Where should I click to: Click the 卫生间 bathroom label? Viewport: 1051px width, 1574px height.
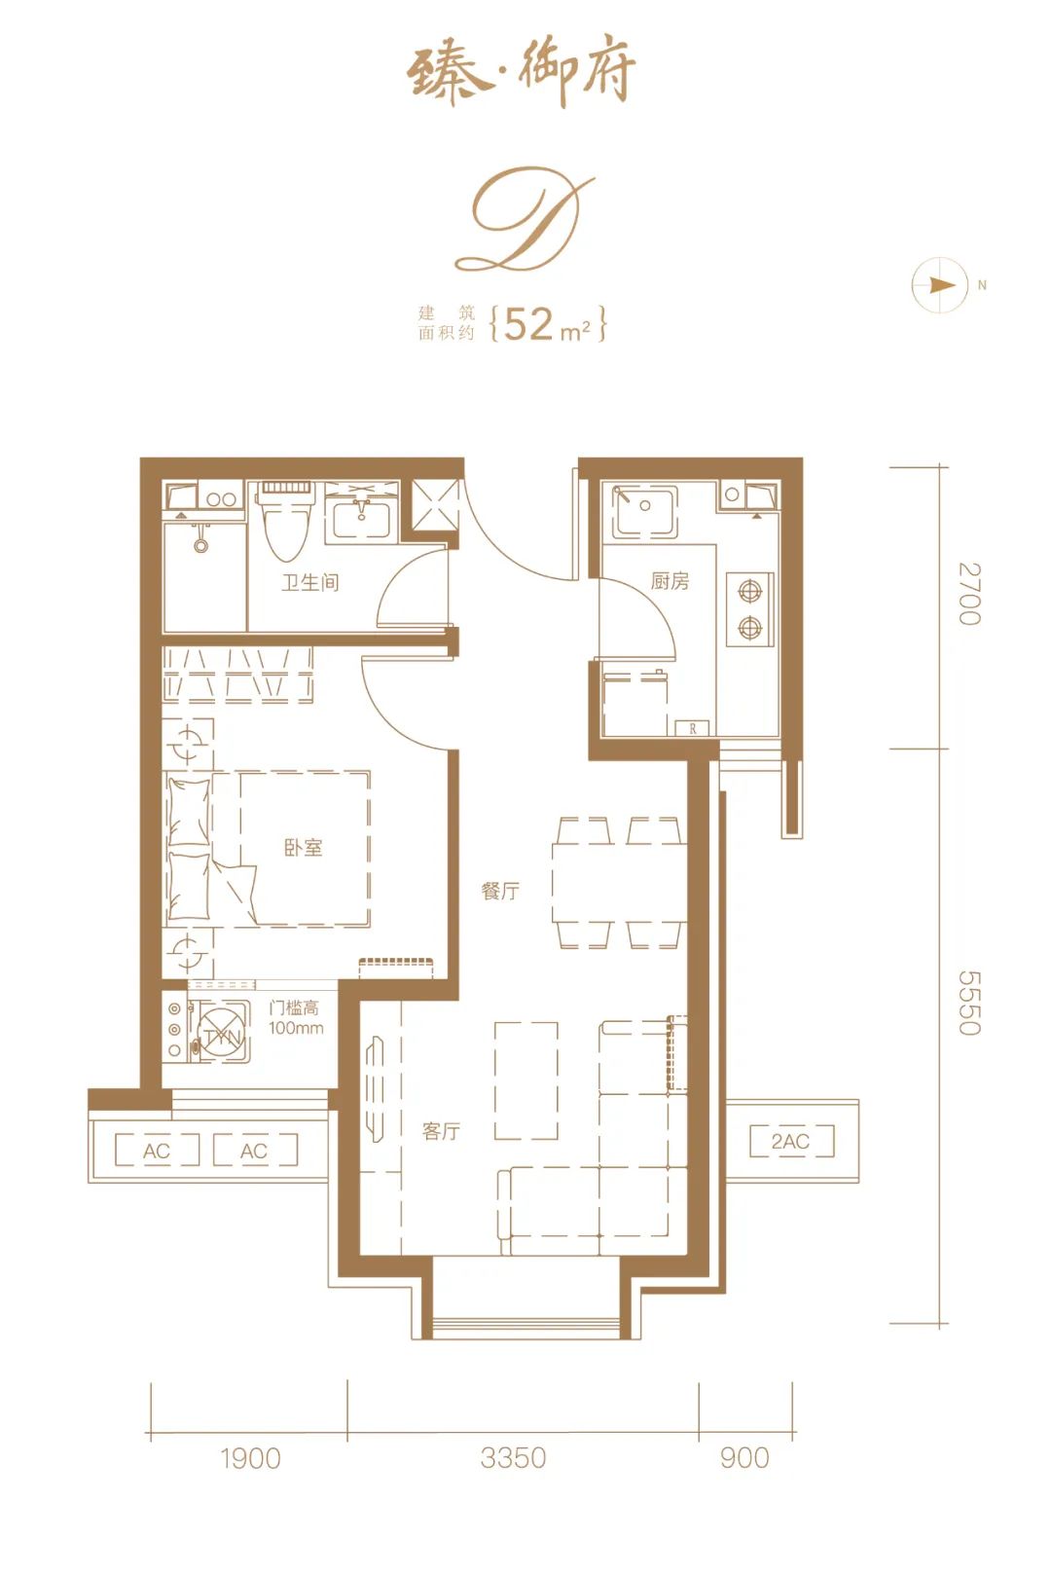(x=310, y=583)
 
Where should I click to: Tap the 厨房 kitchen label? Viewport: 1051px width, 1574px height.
(x=670, y=581)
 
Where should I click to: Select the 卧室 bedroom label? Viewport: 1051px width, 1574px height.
(x=304, y=848)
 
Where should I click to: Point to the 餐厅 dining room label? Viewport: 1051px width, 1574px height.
(x=500, y=891)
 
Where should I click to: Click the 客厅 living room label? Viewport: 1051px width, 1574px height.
(x=441, y=1131)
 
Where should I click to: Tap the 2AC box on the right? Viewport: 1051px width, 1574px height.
(x=791, y=1141)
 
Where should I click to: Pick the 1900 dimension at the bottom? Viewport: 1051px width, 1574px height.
(x=250, y=1458)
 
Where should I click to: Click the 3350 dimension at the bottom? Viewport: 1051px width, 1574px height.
(x=513, y=1458)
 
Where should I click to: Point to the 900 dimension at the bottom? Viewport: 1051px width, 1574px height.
(x=744, y=1458)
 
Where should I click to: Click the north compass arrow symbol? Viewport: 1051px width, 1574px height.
(x=940, y=285)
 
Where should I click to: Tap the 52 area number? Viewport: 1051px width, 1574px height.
(x=528, y=323)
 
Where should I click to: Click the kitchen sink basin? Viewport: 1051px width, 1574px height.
(x=643, y=512)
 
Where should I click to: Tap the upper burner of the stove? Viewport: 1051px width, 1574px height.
(x=749, y=591)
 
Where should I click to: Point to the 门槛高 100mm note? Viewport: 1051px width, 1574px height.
(x=295, y=1018)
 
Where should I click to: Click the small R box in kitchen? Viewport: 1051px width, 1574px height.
(x=693, y=728)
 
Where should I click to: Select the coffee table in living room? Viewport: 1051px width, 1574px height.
(x=526, y=1080)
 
